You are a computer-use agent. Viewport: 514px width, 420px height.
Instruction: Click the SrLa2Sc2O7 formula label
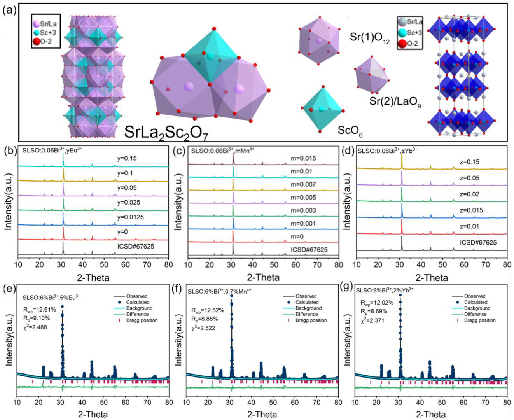166,132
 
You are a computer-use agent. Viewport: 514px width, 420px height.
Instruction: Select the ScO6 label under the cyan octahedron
350,130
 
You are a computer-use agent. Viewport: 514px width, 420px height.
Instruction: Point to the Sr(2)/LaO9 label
395,103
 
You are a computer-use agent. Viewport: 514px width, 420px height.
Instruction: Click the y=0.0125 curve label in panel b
130,217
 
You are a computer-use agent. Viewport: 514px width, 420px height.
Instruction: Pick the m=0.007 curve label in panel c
303,184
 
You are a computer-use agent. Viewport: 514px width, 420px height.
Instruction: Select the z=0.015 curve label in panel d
471,210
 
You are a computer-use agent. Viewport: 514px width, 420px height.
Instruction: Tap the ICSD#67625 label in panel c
309,250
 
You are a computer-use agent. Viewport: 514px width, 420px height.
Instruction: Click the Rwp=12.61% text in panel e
39,310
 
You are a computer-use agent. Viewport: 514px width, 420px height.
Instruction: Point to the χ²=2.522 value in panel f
203,328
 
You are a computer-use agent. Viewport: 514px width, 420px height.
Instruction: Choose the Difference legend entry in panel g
475,314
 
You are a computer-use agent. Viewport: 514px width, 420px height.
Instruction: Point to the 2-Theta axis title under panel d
432,277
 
